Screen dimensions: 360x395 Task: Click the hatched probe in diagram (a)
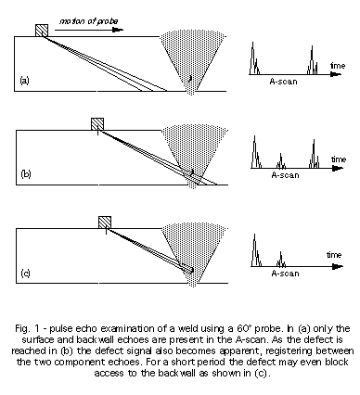pyautogui.click(x=42, y=31)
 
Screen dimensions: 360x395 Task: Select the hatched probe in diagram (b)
pyautogui.click(x=97, y=124)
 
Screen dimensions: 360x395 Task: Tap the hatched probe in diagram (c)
pyautogui.click(x=105, y=223)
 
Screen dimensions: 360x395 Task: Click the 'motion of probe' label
pyautogui.click(x=88, y=21)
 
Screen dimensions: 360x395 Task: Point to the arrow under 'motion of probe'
pyautogui.click(x=89, y=30)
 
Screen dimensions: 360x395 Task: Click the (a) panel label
pyautogui.click(x=24, y=81)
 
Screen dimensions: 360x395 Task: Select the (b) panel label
pyautogui.click(x=26, y=174)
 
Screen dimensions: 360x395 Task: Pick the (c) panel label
pyautogui.click(x=26, y=274)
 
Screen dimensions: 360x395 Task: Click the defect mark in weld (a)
pyautogui.click(x=190, y=79)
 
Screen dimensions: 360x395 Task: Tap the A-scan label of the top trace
pyautogui.click(x=283, y=82)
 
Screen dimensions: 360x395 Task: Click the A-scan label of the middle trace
pyautogui.click(x=285, y=175)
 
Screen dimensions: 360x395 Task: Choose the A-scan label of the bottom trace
pyautogui.click(x=285, y=274)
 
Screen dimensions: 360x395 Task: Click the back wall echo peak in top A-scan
pyautogui.click(x=312, y=60)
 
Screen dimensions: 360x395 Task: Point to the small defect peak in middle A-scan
pyautogui.click(x=281, y=160)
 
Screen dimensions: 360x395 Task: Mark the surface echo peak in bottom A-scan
pyautogui.click(x=255, y=250)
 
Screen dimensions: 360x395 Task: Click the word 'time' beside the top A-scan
pyautogui.click(x=338, y=66)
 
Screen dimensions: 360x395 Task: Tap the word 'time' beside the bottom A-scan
pyautogui.click(x=334, y=255)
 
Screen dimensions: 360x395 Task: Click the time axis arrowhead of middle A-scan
pyautogui.click(x=339, y=168)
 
